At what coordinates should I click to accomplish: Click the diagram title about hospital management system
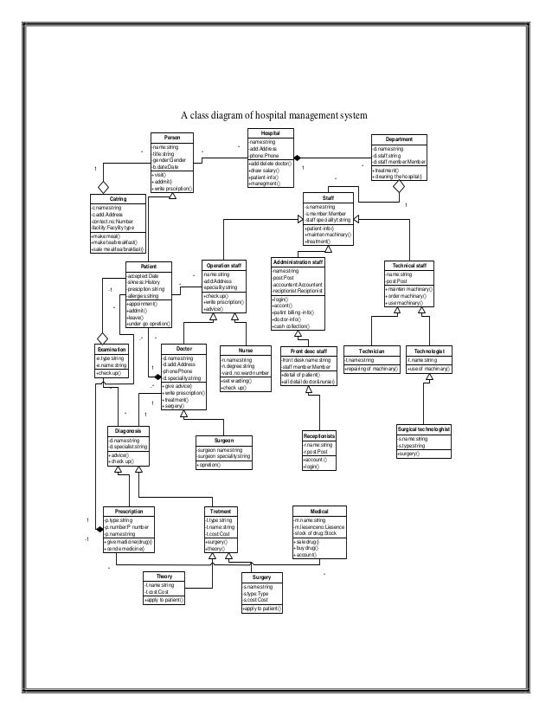(273, 115)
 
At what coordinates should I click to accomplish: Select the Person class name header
(171, 138)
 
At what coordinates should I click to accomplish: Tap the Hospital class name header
(271, 132)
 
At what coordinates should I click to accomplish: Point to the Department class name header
(399, 138)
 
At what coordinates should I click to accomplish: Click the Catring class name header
(118, 199)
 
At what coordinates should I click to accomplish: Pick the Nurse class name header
(246, 349)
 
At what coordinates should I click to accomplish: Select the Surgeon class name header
(225, 440)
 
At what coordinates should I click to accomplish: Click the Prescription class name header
(128, 511)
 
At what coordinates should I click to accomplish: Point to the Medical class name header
(319, 511)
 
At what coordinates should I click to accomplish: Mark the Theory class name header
(164, 577)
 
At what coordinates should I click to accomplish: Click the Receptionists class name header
(319, 435)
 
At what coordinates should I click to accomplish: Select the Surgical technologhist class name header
(424, 428)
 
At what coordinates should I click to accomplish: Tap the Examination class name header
(112, 348)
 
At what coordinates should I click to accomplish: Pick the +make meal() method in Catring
(106, 235)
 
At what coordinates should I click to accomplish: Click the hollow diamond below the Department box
(400, 186)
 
